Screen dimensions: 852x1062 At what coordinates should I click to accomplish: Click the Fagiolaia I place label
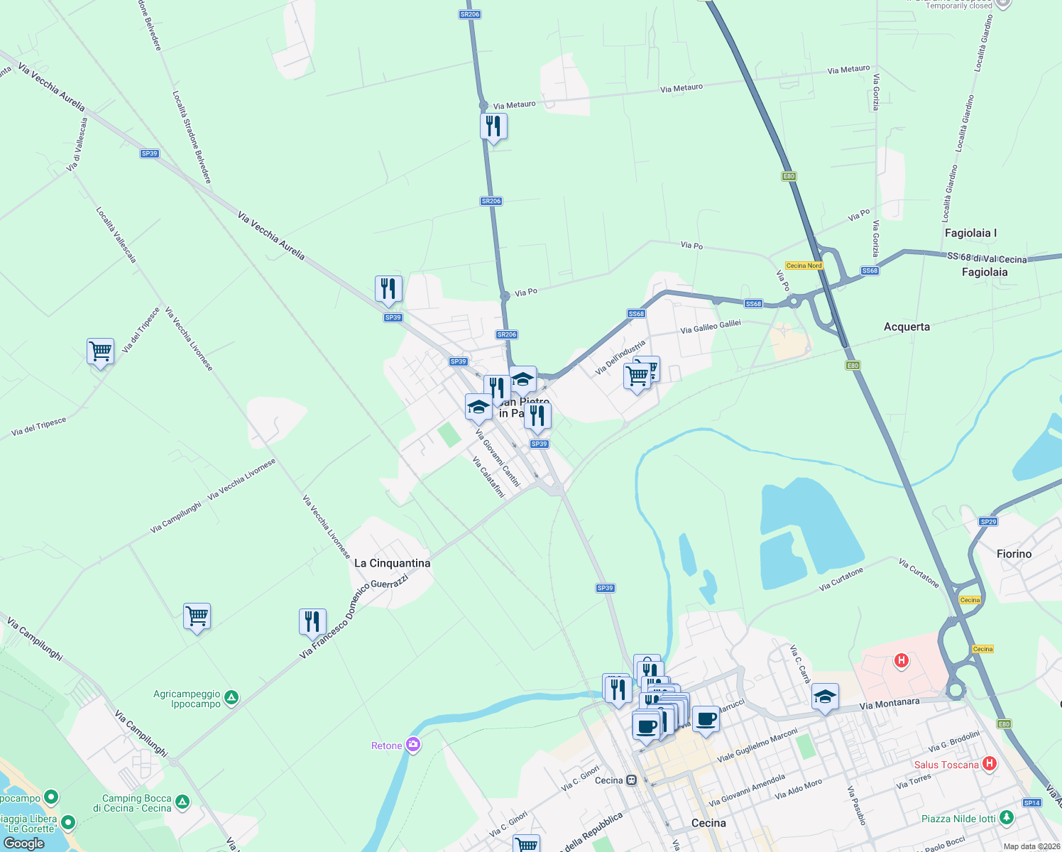[970, 233]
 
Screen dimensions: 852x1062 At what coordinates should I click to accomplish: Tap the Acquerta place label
[907, 327]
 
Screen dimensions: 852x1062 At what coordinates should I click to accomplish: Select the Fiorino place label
[1014, 554]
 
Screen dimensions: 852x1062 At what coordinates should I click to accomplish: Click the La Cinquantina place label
[392, 563]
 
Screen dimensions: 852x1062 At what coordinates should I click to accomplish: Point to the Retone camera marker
[413, 745]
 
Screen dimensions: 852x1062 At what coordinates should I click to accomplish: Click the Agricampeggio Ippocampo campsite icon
[231, 698]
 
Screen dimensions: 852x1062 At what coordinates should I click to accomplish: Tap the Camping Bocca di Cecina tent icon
[182, 802]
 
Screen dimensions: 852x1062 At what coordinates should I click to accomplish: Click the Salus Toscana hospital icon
[990, 764]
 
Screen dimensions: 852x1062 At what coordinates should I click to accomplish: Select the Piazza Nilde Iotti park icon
[1006, 818]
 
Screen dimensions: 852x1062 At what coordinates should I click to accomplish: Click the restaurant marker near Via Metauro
[493, 127]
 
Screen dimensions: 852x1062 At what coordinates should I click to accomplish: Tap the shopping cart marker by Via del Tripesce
[100, 351]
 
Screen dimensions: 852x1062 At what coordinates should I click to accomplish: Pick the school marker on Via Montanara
[825, 697]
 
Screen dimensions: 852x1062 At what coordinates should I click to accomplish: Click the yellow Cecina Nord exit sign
[804, 266]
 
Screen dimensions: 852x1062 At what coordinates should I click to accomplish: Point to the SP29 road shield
[988, 522]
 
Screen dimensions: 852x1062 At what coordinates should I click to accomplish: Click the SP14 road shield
[1031, 803]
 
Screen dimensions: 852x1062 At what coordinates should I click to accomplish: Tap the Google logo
[24, 843]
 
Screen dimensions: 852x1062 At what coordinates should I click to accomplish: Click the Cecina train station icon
[631, 780]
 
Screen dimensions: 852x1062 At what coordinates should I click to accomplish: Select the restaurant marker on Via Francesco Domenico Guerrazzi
[312, 621]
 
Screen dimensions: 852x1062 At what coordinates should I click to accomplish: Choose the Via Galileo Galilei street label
[711, 327]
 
